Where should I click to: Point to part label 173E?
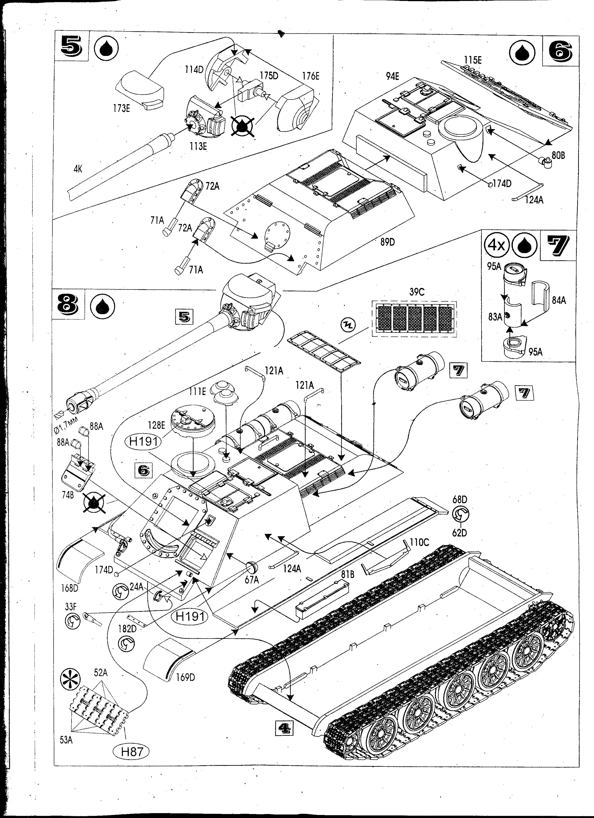click(121, 108)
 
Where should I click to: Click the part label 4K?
click(78, 169)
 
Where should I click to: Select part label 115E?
click(473, 60)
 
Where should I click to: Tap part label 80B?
click(558, 155)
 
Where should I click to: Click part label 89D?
click(387, 242)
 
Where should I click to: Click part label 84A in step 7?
click(558, 300)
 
